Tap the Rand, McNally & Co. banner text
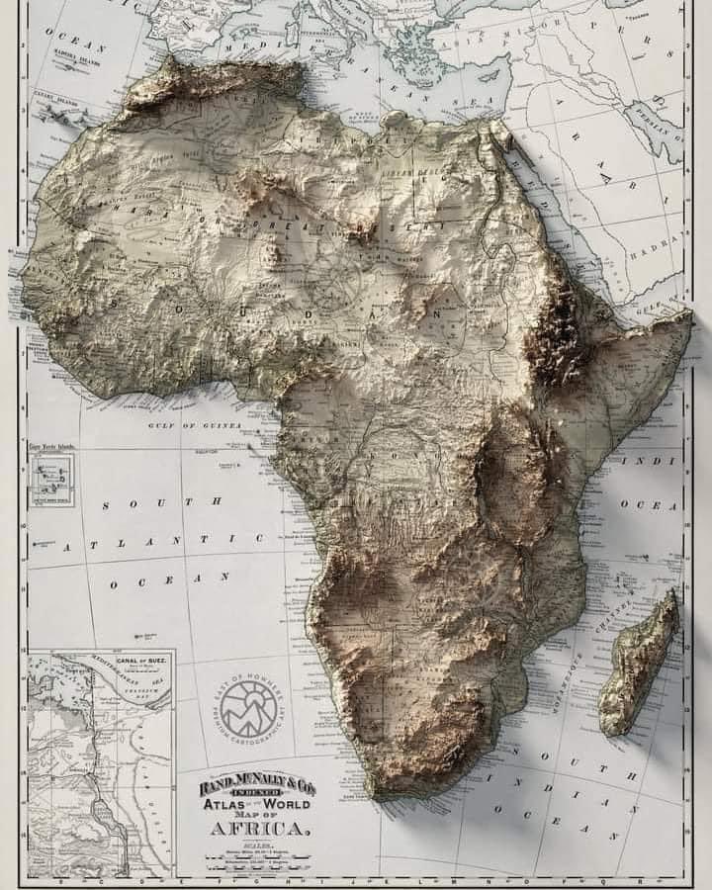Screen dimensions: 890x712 tap(259, 787)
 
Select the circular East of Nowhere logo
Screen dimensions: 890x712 tap(248, 708)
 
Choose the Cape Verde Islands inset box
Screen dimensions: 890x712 tap(51, 481)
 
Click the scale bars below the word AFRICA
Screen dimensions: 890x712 tap(259, 856)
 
